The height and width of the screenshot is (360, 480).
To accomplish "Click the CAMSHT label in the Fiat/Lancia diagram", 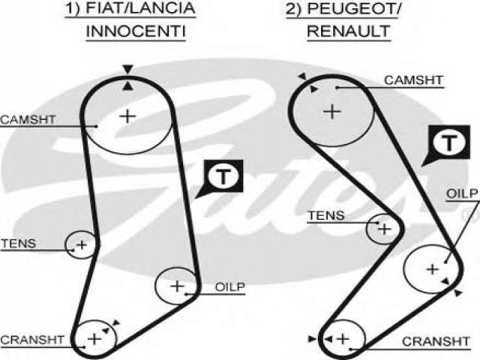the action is (x=28, y=119).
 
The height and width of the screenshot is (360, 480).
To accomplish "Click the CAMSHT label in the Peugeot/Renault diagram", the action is (x=413, y=80).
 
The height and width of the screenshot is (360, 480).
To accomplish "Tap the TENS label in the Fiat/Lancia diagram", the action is (x=19, y=243).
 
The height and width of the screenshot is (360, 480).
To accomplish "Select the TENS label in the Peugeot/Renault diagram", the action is (x=326, y=215).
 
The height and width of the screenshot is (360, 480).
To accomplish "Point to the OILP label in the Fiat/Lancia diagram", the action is (x=230, y=287).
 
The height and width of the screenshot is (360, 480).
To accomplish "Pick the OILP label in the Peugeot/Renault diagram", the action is (x=462, y=193).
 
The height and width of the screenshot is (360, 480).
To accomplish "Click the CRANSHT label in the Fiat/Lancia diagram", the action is (x=32, y=340).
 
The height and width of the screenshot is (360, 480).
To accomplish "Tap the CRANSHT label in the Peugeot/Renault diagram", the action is (x=436, y=341).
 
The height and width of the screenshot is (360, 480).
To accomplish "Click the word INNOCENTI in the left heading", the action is (x=136, y=31).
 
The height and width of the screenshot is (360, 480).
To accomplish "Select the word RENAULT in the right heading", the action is (x=349, y=31).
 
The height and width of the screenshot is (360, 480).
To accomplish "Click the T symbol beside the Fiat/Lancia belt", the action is (x=223, y=176).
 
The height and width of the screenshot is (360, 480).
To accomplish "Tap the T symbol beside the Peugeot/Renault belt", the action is (x=449, y=142).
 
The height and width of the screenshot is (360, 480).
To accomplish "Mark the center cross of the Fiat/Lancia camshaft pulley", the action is (x=127, y=116).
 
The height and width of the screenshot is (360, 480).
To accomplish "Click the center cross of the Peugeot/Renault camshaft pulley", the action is (x=332, y=111).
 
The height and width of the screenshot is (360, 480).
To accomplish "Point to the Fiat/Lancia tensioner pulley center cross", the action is (x=82, y=244).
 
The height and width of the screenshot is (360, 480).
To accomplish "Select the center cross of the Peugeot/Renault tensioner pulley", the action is (x=385, y=229).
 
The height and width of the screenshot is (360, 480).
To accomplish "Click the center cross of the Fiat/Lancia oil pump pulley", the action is (x=177, y=286).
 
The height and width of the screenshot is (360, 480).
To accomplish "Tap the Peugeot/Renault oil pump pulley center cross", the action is (x=433, y=269).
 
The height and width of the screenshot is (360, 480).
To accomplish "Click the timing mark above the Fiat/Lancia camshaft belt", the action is (x=127, y=70).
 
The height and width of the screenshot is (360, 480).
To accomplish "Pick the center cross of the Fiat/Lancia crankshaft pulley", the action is (x=94, y=339).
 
